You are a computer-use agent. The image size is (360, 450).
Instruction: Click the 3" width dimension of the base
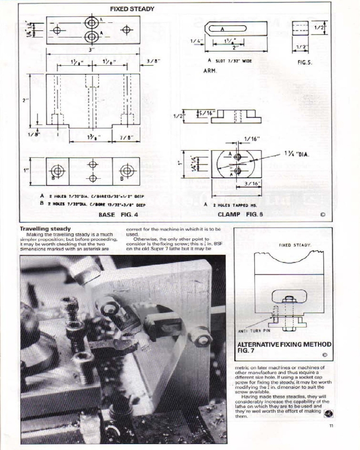click(x=91, y=50)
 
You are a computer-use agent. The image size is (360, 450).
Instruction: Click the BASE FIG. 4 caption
click(x=118, y=215)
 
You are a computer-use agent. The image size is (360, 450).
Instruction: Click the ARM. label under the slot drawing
click(x=210, y=71)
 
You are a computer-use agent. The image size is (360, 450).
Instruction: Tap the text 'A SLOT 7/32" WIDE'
click(x=229, y=60)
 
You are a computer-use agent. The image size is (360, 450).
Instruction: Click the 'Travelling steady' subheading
click(x=45, y=229)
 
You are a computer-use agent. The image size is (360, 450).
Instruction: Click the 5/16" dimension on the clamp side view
click(x=206, y=112)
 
